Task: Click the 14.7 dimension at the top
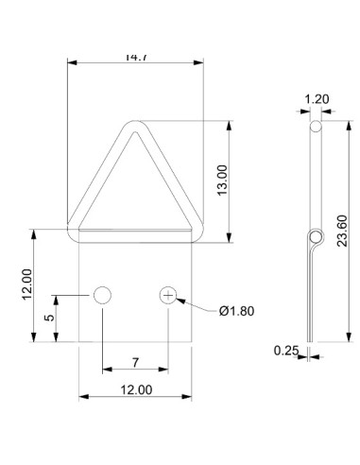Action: (136, 57)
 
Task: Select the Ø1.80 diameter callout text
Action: (235, 310)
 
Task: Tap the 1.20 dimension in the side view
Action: (316, 96)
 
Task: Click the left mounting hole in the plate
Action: (102, 296)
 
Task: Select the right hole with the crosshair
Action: (168, 296)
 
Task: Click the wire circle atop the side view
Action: (315, 125)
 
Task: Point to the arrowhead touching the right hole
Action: (180, 300)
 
